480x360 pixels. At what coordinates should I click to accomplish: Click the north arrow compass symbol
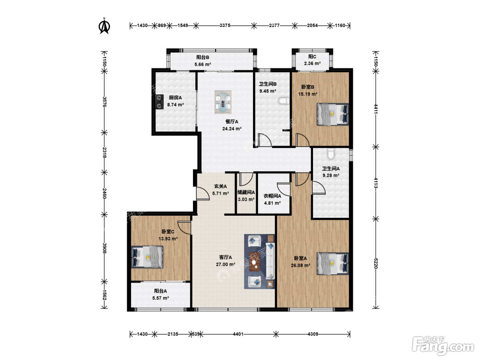(x=104, y=26)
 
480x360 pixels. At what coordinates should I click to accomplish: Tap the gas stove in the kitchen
(x=159, y=101)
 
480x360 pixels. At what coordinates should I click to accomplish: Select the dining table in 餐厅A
(x=223, y=102)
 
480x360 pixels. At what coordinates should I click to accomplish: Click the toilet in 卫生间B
(x=284, y=101)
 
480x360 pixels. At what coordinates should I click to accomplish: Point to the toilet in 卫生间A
(x=331, y=154)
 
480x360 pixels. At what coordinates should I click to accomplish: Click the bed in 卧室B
(x=333, y=114)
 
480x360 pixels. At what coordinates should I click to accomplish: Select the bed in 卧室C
(x=147, y=257)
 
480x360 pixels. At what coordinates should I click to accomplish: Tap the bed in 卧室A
(x=333, y=264)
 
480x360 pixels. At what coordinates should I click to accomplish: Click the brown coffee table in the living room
(x=254, y=262)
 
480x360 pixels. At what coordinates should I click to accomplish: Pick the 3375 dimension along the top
(x=225, y=25)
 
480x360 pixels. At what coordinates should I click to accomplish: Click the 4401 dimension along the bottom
(x=238, y=334)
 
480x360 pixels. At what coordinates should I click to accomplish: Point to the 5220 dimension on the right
(x=376, y=263)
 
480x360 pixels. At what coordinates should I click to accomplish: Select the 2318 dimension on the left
(x=105, y=152)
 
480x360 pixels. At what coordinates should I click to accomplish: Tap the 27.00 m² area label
(x=226, y=264)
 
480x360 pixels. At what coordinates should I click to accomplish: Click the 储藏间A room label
(x=246, y=192)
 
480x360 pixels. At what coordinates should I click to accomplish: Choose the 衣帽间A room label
(x=272, y=196)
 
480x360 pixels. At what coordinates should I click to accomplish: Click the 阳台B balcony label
(x=203, y=57)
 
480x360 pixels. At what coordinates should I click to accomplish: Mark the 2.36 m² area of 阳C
(x=312, y=63)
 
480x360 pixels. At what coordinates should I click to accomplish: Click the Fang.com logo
(x=443, y=345)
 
